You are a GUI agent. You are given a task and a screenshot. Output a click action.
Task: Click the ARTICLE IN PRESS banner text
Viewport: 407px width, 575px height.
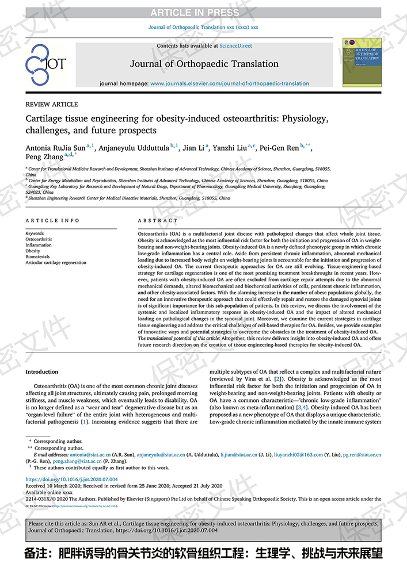click(x=203, y=13)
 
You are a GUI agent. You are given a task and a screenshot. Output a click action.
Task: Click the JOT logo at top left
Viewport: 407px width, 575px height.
click(x=45, y=64)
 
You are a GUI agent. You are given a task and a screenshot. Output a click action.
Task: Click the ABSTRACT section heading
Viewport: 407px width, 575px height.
click(x=158, y=221)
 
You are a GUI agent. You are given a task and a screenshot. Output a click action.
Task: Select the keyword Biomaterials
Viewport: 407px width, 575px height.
click(x=38, y=257)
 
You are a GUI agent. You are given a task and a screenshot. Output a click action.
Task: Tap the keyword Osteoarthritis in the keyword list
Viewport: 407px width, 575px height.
click(x=39, y=239)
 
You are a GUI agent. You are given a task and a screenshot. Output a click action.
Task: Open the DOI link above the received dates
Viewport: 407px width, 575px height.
click(x=72, y=478)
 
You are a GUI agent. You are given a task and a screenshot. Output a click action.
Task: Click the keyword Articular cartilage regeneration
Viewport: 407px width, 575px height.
click(x=56, y=263)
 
